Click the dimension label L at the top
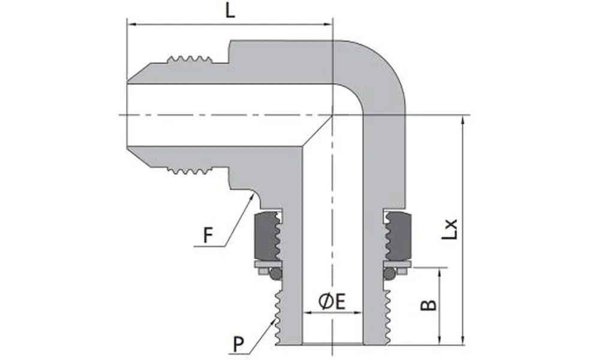230,12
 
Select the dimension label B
428,305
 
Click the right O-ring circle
389,274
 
